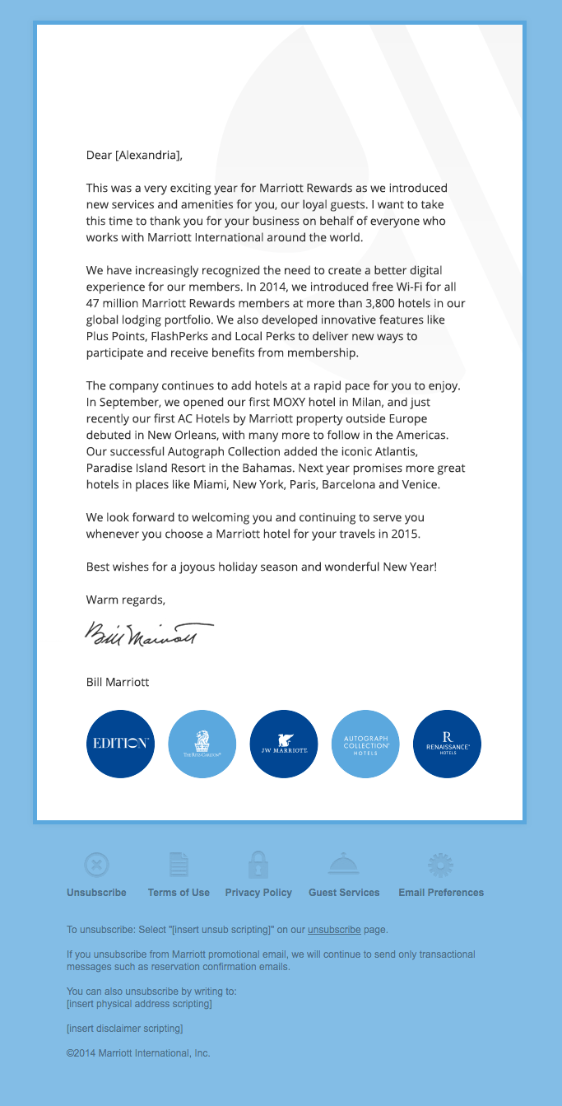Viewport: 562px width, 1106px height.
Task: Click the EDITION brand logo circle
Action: click(120, 744)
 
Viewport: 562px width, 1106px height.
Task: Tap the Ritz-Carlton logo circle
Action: click(202, 744)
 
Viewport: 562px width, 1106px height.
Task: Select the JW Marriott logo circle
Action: click(284, 744)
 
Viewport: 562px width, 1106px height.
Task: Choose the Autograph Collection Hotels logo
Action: click(365, 744)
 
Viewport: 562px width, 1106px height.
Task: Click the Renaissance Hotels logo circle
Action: click(447, 744)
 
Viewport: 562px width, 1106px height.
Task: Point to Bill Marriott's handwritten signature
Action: click(148, 635)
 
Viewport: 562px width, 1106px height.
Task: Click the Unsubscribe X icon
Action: click(96, 865)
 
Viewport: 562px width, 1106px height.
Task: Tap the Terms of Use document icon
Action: click(179, 865)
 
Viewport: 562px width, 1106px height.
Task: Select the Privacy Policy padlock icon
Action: click(258, 865)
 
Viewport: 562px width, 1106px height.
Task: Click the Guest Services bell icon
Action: click(344, 864)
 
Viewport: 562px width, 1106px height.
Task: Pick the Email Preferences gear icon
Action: click(441, 865)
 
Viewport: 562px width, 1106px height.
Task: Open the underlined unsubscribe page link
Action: click(334, 930)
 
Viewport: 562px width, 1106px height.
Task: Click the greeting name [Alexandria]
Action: click(148, 155)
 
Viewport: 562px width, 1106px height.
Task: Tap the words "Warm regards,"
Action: click(126, 600)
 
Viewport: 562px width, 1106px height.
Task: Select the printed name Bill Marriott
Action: click(118, 683)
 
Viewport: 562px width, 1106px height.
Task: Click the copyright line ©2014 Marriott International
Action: click(138, 1053)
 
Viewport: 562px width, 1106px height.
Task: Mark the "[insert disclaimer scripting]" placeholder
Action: click(124, 1029)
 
